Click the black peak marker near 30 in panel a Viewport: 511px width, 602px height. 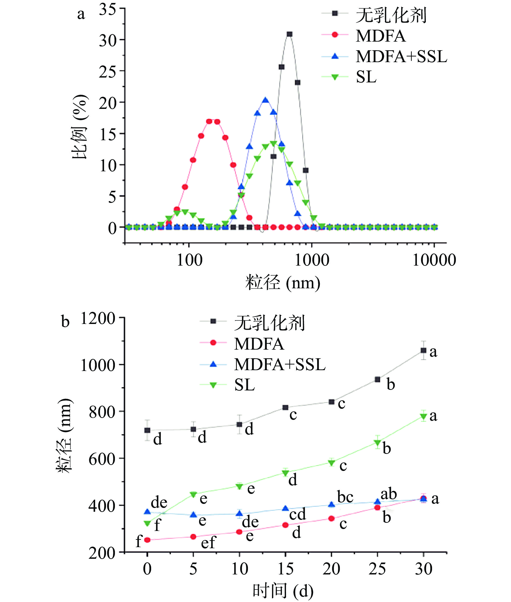tap(289, 34)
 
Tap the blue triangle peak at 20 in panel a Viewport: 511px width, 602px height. tap(265, 101)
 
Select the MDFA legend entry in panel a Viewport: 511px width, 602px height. tap(380, 36)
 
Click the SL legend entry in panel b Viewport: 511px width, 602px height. tap(244, 385)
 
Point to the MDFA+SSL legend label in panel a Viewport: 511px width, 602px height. tap(401, 56)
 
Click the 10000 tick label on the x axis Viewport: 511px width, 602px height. tap(434, 260)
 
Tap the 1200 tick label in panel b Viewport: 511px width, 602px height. tap(98, 319)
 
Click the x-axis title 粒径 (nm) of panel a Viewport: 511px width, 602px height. tap(283, 283)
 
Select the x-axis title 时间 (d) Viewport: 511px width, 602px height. tap(283, 591)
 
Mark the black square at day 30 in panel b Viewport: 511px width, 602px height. tap(423, 350)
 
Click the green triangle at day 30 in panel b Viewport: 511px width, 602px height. tap(423, 416)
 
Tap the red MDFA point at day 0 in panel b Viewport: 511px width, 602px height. tap(147, 540)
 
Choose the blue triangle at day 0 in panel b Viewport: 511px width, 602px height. tap(147, 512)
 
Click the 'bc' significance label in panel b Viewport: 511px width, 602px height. tap(345, 497)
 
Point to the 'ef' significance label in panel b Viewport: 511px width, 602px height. tap(208, 542)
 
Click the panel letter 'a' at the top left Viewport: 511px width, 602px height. tap(81, 14)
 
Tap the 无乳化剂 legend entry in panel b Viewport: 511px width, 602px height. tap(269, 323)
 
